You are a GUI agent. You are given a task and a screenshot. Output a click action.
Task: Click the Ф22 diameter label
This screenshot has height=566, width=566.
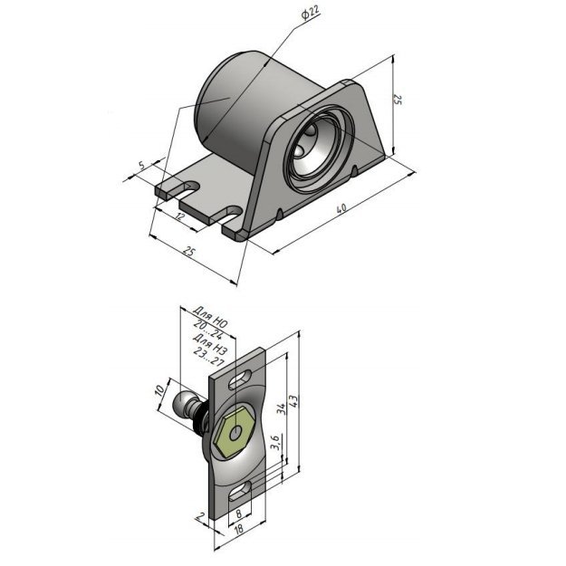tap(310, 14)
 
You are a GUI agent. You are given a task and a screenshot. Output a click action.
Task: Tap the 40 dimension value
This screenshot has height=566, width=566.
tap(341, 208)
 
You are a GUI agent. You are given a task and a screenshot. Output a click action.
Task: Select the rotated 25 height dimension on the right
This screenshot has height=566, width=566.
tap(398, 100)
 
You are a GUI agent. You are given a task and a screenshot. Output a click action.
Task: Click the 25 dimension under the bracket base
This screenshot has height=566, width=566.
tap(188, 251)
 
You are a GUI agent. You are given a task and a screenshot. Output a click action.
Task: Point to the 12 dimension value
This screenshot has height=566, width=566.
tap(179, 217)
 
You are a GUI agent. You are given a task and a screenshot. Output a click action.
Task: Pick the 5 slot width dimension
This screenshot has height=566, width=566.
tap(141, 165)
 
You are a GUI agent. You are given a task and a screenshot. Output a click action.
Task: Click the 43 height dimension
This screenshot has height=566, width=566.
tap(293, 401)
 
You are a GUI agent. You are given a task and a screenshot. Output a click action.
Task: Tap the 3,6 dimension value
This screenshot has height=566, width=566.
tap(274, 443)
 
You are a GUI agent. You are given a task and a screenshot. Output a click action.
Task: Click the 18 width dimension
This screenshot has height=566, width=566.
tap(238, 529)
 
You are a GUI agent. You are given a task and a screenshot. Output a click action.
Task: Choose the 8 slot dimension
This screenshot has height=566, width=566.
tap(238, 513)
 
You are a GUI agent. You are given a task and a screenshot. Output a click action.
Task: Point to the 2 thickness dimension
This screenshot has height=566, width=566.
tap(199, 516)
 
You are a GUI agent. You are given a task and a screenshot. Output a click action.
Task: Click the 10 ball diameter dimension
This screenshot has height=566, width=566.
tap(160, 390)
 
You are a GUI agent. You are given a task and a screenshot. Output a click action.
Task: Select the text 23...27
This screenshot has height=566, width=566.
tap(209, 356)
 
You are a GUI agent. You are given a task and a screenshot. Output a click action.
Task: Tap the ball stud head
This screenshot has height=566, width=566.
tap(183, 404)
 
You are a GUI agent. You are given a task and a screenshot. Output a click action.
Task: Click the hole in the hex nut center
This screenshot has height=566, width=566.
tap(235, 433)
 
